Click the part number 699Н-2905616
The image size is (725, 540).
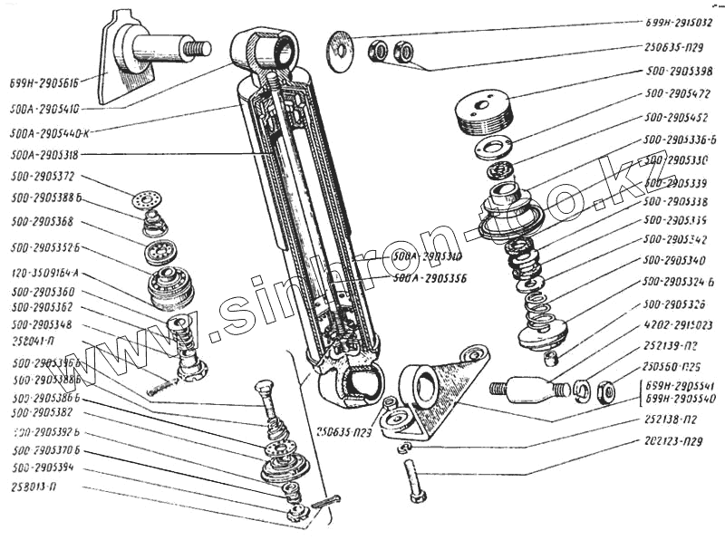click(46, 80)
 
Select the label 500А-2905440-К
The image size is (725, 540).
click(54, 131)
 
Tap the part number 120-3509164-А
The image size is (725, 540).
click(45, 271)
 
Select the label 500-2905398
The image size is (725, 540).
click(677, 71)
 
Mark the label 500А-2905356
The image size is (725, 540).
click(430, 278)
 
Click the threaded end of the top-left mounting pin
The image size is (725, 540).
click(197, 47)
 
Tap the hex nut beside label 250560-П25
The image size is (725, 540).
click(608, 392)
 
